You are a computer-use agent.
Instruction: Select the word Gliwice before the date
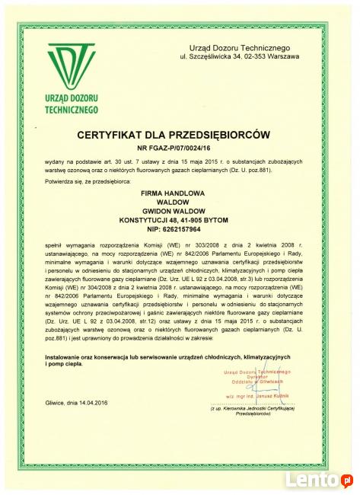point(57,402)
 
